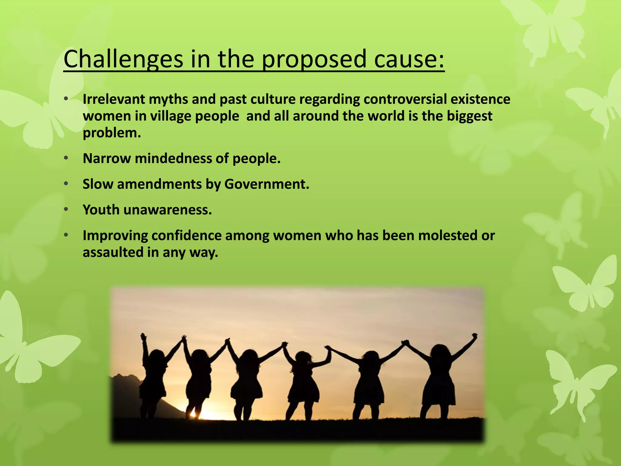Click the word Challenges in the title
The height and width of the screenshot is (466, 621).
123,59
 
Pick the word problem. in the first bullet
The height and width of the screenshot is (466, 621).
112,133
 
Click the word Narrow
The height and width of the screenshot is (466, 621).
107,158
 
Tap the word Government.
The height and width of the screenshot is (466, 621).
267,184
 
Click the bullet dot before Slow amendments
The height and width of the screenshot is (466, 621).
66,184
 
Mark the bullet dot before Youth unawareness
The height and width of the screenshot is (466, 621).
66,210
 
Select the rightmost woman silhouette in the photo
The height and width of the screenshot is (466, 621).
440,379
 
